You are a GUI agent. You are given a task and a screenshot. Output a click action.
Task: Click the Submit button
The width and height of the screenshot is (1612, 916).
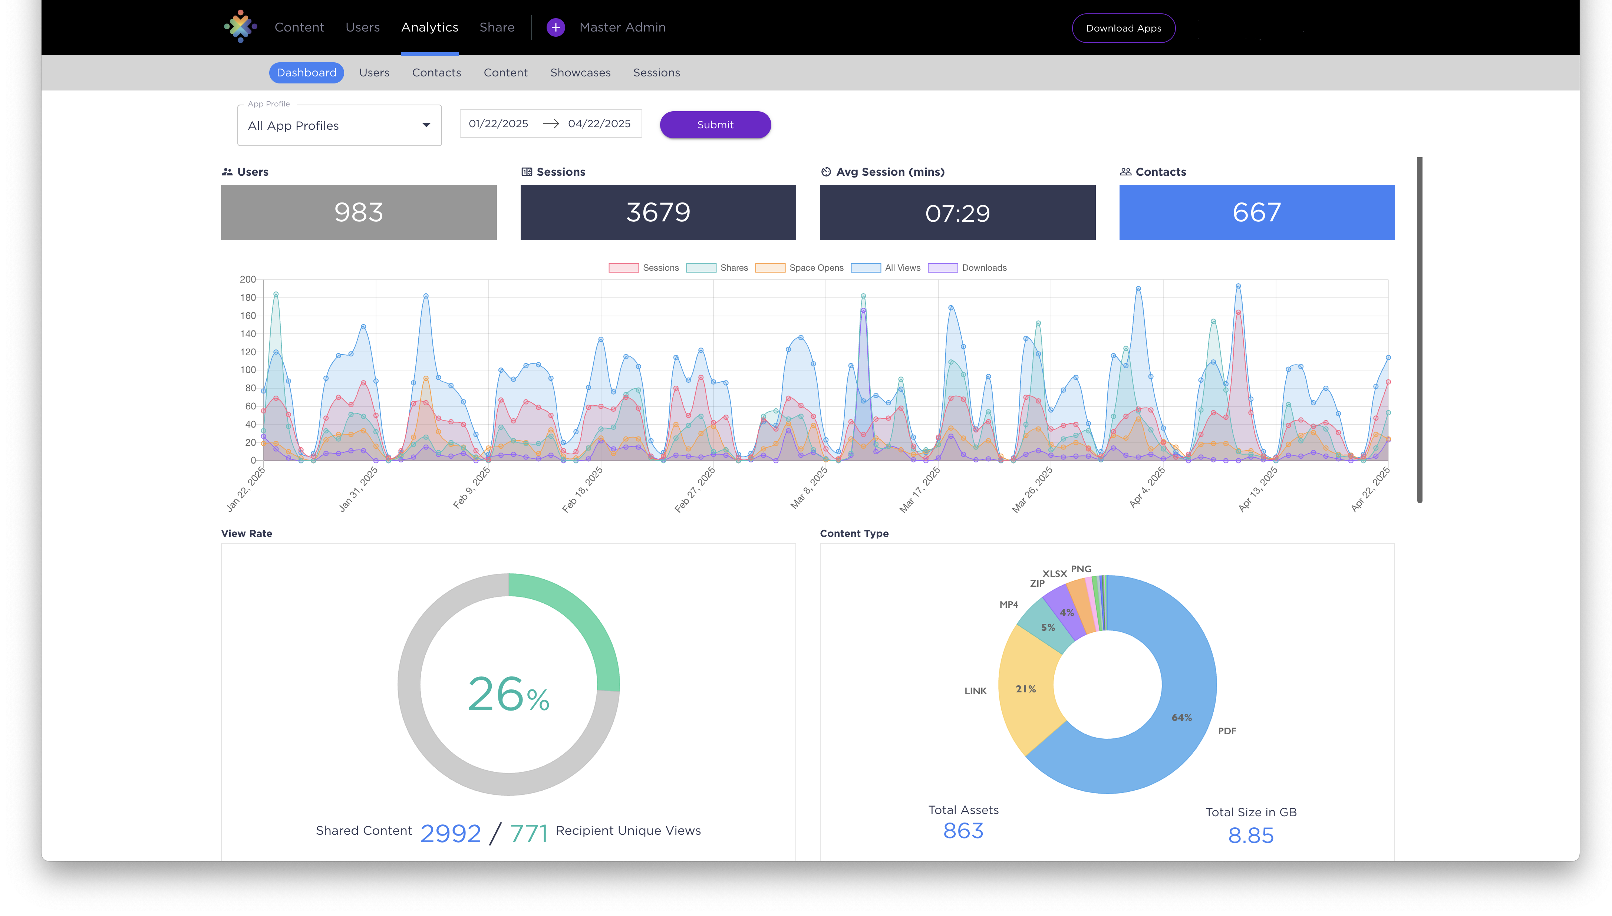(x=715, y=125)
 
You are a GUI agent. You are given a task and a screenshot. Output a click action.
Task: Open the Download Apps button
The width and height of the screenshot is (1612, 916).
(x=1123, y=28)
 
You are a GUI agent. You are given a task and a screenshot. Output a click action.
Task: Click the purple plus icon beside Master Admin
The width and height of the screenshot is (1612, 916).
(x=556, y=28)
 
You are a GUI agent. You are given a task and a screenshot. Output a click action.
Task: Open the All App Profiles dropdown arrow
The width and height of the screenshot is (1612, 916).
(x=426, y=125)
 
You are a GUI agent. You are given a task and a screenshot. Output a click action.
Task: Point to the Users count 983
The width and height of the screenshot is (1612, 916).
(x=359, y=212)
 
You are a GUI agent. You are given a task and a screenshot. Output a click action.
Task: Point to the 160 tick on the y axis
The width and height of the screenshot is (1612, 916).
(x=248, y=316)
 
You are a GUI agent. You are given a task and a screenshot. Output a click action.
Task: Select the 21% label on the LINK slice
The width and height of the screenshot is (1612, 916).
(x=1026, y=689)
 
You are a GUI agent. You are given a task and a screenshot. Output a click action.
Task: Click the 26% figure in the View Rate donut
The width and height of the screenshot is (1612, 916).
(x=508, y=695)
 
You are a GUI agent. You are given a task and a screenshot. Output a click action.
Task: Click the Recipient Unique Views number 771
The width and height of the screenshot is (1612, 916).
(x=528, y=834)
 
